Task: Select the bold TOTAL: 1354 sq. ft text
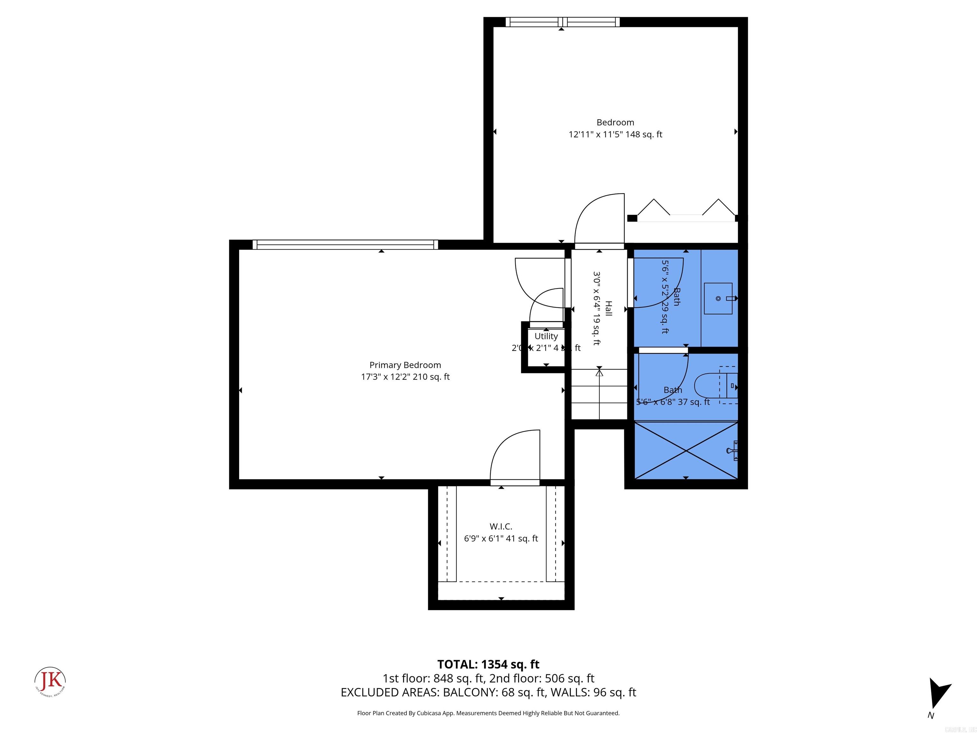click(488, 664)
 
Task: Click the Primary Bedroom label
click(405, 365)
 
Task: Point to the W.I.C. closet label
click(501, 526)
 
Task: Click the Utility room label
click(546, 336)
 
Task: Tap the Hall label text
click(608, 308)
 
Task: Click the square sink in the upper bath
click(718, 299)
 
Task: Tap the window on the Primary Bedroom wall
click(345, 244)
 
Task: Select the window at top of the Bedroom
click(562, 22)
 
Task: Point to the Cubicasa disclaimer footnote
click(488, 713)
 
